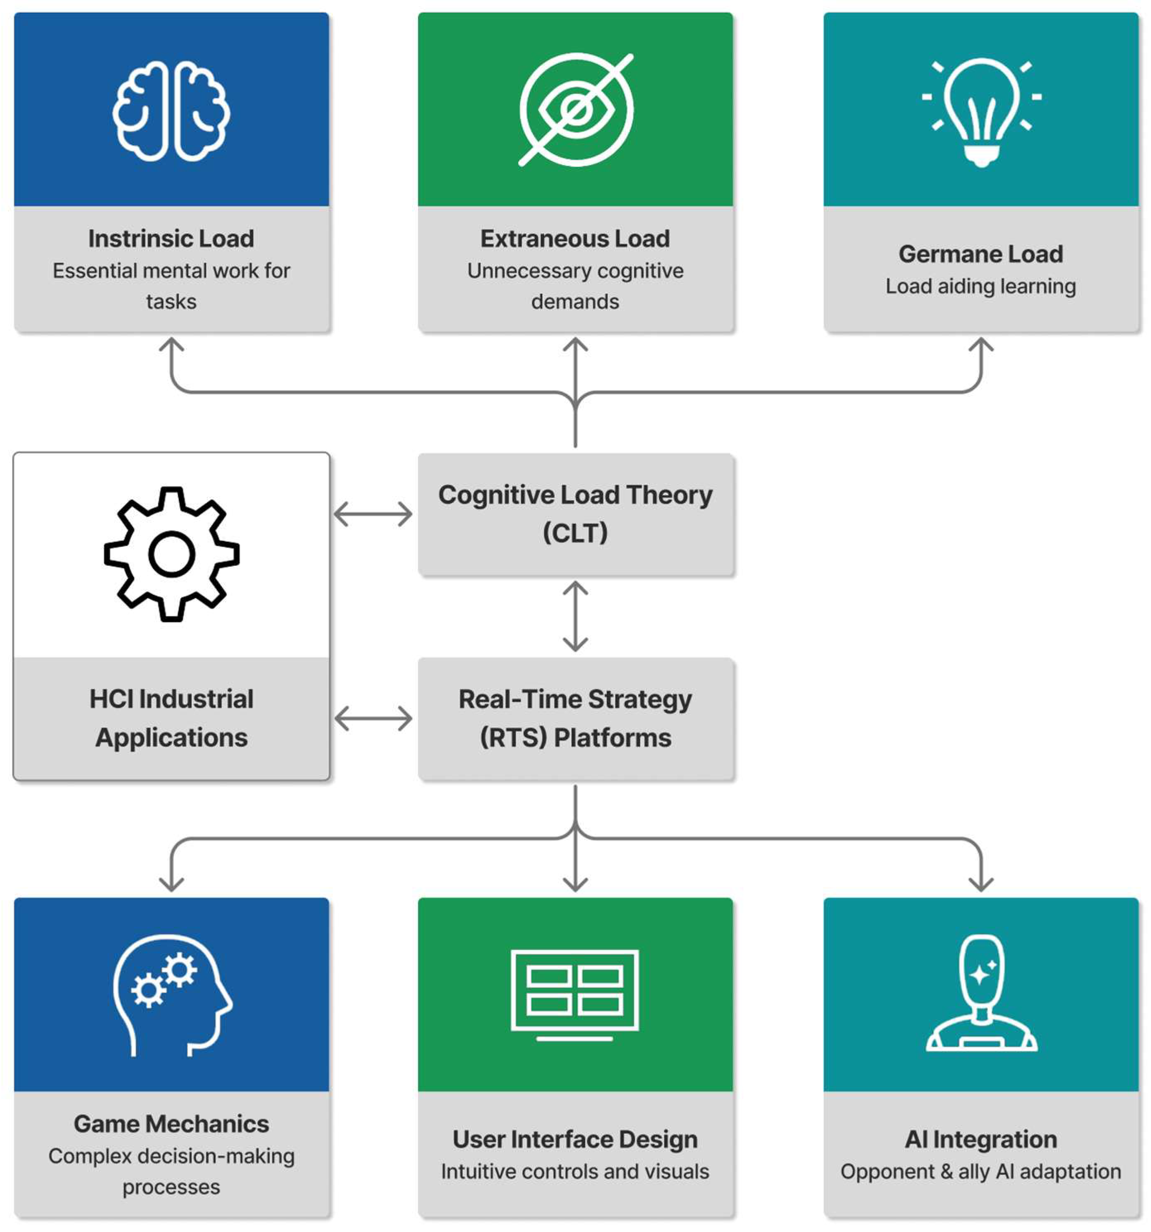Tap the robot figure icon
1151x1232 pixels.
pyautogui.click(x=981, y=993)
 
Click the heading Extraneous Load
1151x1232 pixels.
pyautogui.click(x=575, y=239)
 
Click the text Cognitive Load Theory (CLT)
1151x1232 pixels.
pyautogui.click(x=575, y=514)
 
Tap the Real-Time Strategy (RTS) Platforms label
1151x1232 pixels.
pyautogui.click(x=575, y=718)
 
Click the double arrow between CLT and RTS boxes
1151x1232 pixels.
pyautogui.click(x=575, y=616)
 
